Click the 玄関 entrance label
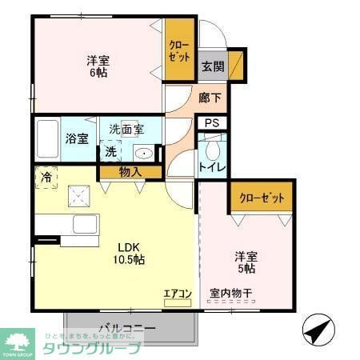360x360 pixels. [211, 66]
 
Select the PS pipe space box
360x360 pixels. [211, 122]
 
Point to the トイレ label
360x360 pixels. [212, 167]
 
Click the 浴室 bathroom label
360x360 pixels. [77, 138]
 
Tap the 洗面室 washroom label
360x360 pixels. [126, 129]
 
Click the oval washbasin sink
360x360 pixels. [144, 154]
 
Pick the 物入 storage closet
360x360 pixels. [130, 170]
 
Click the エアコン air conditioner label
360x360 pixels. [177, 294]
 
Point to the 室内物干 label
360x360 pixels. [230, 294]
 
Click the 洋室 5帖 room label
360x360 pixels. [245, 262]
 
